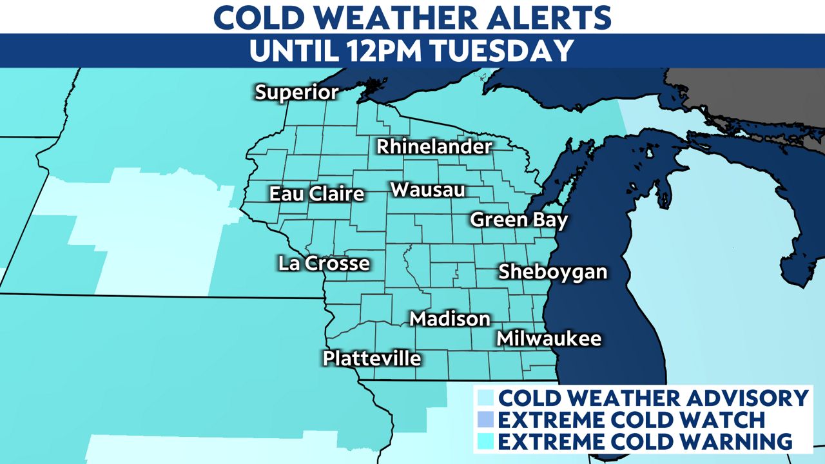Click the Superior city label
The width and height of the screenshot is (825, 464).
point(296,92)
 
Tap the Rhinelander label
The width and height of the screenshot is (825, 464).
point(434,147)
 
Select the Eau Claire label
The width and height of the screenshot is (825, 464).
point(316,193)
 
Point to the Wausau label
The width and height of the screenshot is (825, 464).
point(427,190)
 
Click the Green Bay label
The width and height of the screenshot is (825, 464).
point(519,220)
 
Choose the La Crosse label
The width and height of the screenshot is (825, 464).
point(324,263)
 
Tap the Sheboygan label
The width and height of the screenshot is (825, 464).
point(553,272)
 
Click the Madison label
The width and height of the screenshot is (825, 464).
point(450,318)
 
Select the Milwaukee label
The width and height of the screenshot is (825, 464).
point(548,338)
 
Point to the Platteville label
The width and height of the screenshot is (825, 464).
point(372,358)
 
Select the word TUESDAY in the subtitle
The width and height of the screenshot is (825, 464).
point(507,51)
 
